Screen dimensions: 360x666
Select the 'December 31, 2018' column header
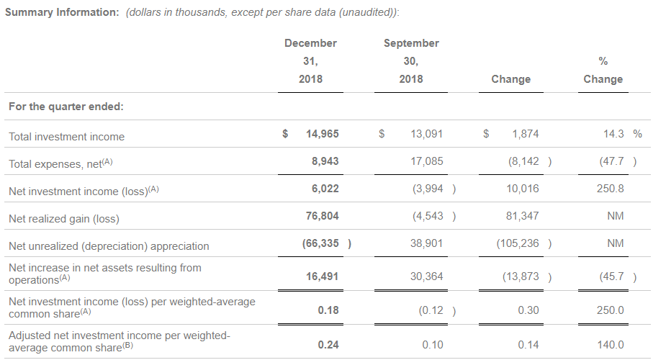click(310, 61)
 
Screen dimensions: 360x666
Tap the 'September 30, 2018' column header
click(411, 61)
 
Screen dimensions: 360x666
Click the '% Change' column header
click(603, 71)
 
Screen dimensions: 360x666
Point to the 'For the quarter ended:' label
click(66, 107)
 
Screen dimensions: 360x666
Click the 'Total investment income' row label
click(66, 136)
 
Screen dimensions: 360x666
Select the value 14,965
click(322, 134)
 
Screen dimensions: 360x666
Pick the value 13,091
click(426, 134)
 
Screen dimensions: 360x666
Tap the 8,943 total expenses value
click(325, 161)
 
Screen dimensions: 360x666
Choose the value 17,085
click(426, 161)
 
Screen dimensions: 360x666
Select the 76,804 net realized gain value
click(322, 217)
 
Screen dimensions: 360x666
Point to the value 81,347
click(521, 217)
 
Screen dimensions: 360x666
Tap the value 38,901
click(426, 244)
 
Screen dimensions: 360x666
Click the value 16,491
click(322, 275)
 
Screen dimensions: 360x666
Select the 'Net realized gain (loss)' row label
click(64, 218)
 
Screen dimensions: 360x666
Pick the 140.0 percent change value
click(611, 345)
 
